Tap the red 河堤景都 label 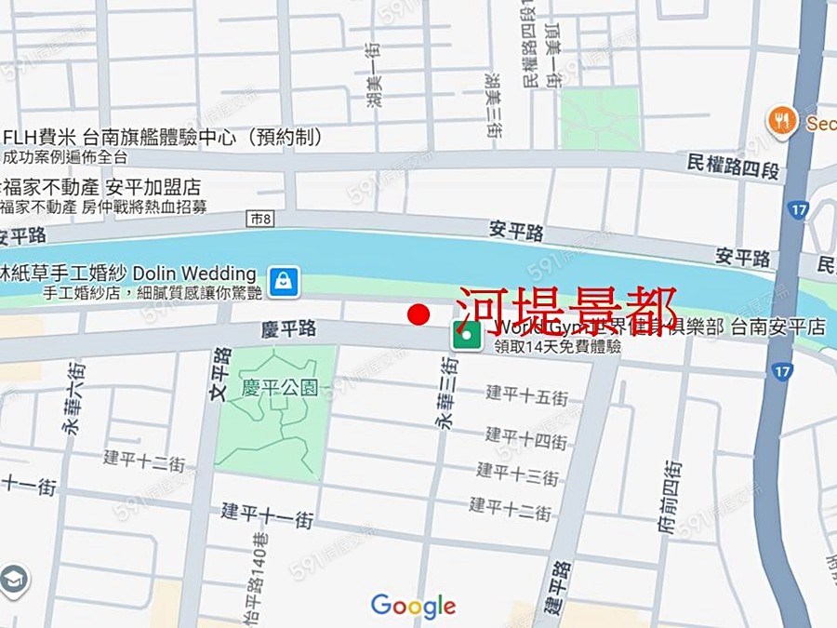(565, 310)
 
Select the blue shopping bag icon (283, 279)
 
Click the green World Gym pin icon (467, 334)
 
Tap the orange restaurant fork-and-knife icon (782, 121)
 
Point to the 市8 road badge (262, 219)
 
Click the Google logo (413, 607)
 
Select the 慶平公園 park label (279, 387)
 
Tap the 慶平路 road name (288, 328)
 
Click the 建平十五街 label (526, 394)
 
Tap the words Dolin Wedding (194, 274)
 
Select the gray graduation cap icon (12, 581)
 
